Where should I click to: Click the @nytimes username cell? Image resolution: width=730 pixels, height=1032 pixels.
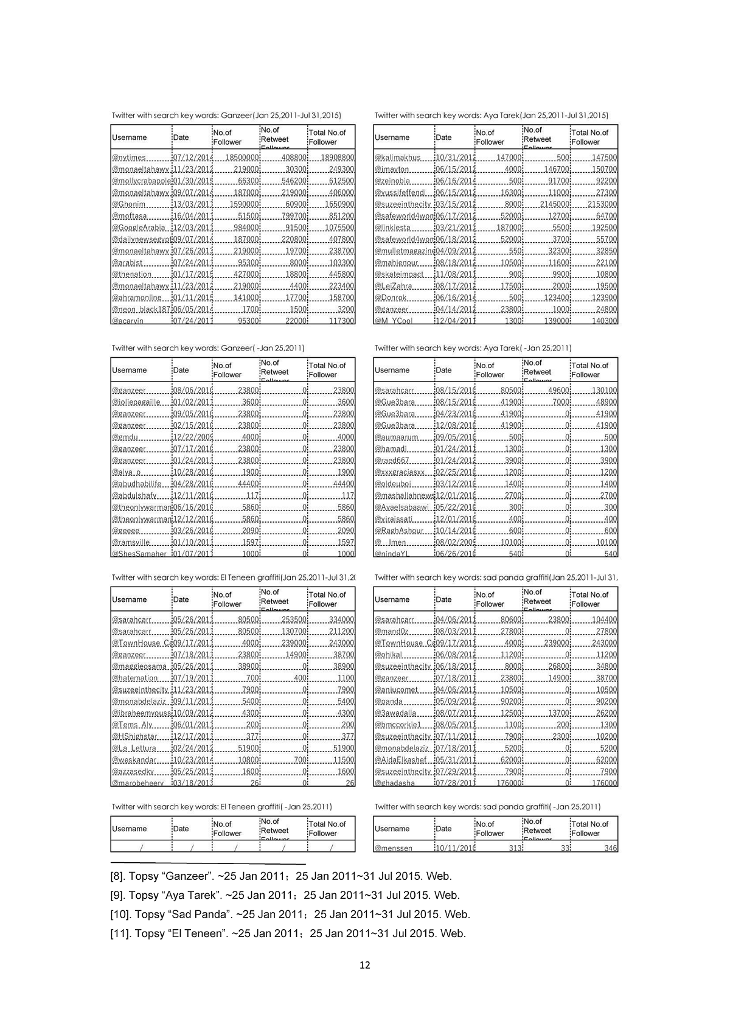point(129,158)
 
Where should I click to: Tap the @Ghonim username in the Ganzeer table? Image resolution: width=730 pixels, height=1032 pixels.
point(129,204)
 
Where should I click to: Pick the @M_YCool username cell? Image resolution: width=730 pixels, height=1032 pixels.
point(394,321)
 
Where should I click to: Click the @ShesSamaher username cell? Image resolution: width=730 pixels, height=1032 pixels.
point(139,554)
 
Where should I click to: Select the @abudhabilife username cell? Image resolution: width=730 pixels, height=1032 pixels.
point(137,484)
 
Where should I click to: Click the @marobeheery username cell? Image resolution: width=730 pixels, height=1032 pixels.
point(137,783)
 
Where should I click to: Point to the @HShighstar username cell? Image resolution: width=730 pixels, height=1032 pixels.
point(134,736)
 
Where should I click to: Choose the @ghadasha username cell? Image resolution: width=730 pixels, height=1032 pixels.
point(395,783)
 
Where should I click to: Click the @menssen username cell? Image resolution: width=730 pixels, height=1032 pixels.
point(394,848)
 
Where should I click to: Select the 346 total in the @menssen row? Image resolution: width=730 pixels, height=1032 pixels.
point(610,848)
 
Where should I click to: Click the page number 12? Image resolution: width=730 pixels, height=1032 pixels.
point(365,965)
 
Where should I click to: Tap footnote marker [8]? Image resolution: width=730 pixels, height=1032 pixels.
point(118,877)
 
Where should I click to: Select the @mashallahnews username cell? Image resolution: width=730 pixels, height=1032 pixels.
point(404,496)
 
